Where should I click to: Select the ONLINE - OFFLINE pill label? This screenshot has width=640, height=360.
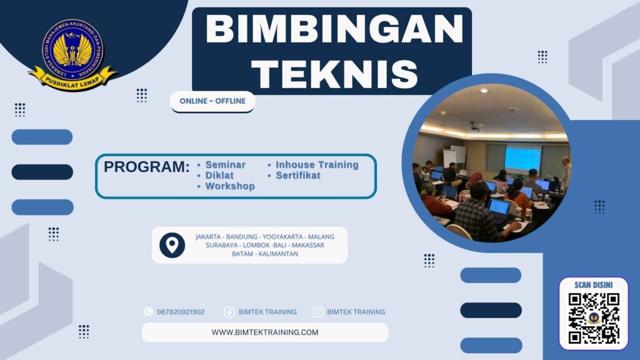(212, 101)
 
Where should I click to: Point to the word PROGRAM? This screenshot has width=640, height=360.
(146, 167)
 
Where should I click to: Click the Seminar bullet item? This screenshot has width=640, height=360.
(225, 165)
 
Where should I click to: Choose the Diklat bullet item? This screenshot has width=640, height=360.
(219, 176)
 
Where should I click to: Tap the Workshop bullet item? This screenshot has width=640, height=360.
(229, 186)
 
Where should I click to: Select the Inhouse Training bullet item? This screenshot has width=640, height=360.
(317, 165)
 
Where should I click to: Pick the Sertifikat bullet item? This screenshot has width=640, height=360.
(298, 176)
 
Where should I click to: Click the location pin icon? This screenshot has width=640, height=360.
(172, 245)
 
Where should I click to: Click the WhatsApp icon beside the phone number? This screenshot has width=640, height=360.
(148, 311)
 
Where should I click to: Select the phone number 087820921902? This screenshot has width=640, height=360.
(181, 312)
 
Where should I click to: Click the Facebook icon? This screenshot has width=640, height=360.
(229, 312)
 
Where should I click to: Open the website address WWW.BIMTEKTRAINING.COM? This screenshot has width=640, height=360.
(265, 332)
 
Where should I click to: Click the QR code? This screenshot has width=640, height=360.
(594, 319)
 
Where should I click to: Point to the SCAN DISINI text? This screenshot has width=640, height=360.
(594, 285)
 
